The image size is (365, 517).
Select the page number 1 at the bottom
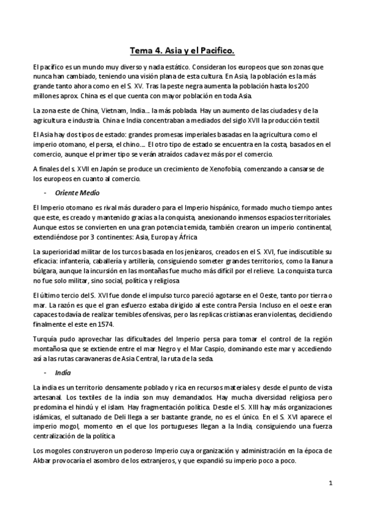click(x=330, y=483)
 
